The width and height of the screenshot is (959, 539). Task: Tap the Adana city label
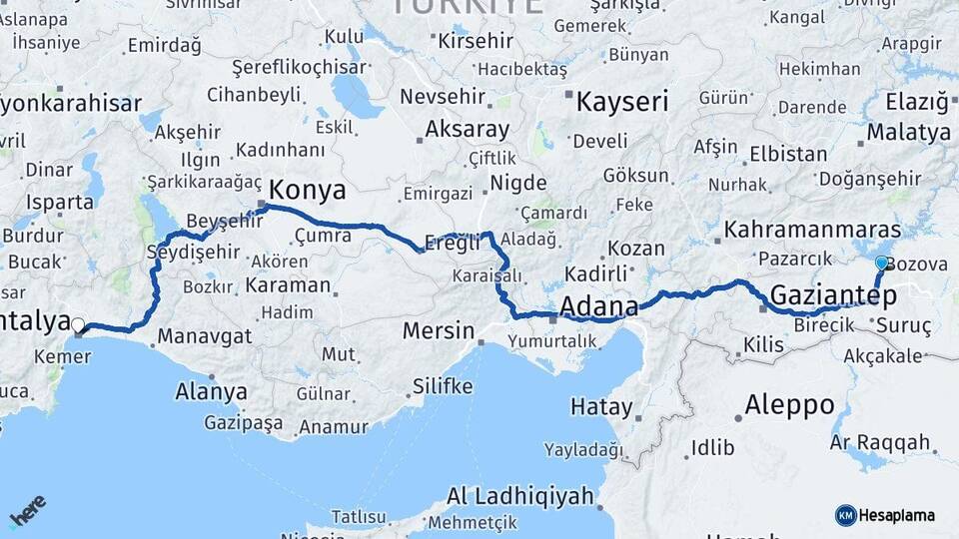tap(599, 305)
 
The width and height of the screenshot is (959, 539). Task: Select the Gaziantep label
tap(832, 294)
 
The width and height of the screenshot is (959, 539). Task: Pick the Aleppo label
tap(789, 405)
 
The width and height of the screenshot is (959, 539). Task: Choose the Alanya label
tap(211, 391)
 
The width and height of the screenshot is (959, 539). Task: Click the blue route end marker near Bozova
tap(881, 263)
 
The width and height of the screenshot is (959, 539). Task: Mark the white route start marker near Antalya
tap(78, 323)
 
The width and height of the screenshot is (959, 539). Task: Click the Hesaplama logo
tap(885, 515)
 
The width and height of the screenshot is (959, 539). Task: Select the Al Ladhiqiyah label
tap(519, 495)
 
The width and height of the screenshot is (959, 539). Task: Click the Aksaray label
tap(467, 129)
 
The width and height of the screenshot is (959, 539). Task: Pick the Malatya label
tap(908, 133)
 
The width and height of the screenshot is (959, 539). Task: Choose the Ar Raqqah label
tap(880, 441)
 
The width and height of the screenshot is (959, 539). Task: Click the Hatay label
tap(601, 406)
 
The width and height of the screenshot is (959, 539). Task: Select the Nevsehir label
tap(441, 97)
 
